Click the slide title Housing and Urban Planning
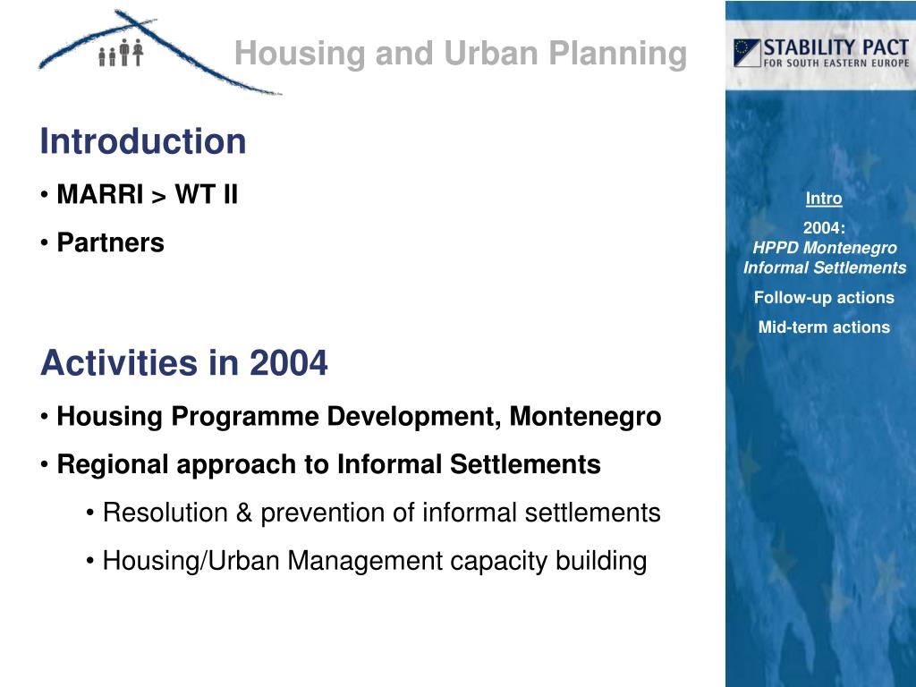(x=460, y=55)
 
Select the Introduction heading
(x=143, y=141)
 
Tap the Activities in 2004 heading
(x=184, y=363)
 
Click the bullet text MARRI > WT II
(x=148, y=194)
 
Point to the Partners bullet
(x=110, y=242)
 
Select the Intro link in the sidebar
(x=824, y=199)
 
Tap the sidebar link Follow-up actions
(x=824, y=298)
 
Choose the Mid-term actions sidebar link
(x=824, y=327)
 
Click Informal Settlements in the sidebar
(x=824, y=267)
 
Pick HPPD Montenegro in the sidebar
(x=824, y=248)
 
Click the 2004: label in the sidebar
(x=824, y=228)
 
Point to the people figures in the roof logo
(x=122, y=55)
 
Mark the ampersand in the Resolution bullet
(x=245, y=513)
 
